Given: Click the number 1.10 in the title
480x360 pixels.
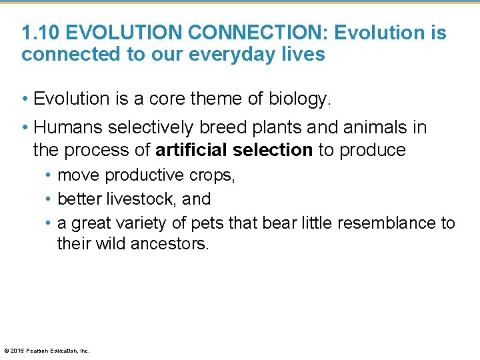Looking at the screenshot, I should [x=41, y=33].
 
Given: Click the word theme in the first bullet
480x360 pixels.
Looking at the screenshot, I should [x=215, y=99].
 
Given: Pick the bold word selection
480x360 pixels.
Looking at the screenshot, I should [x=274, y=150].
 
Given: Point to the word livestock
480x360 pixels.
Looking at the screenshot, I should [x=140, y=199].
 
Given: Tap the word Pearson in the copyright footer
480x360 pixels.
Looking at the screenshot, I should [x=38, y=350].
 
